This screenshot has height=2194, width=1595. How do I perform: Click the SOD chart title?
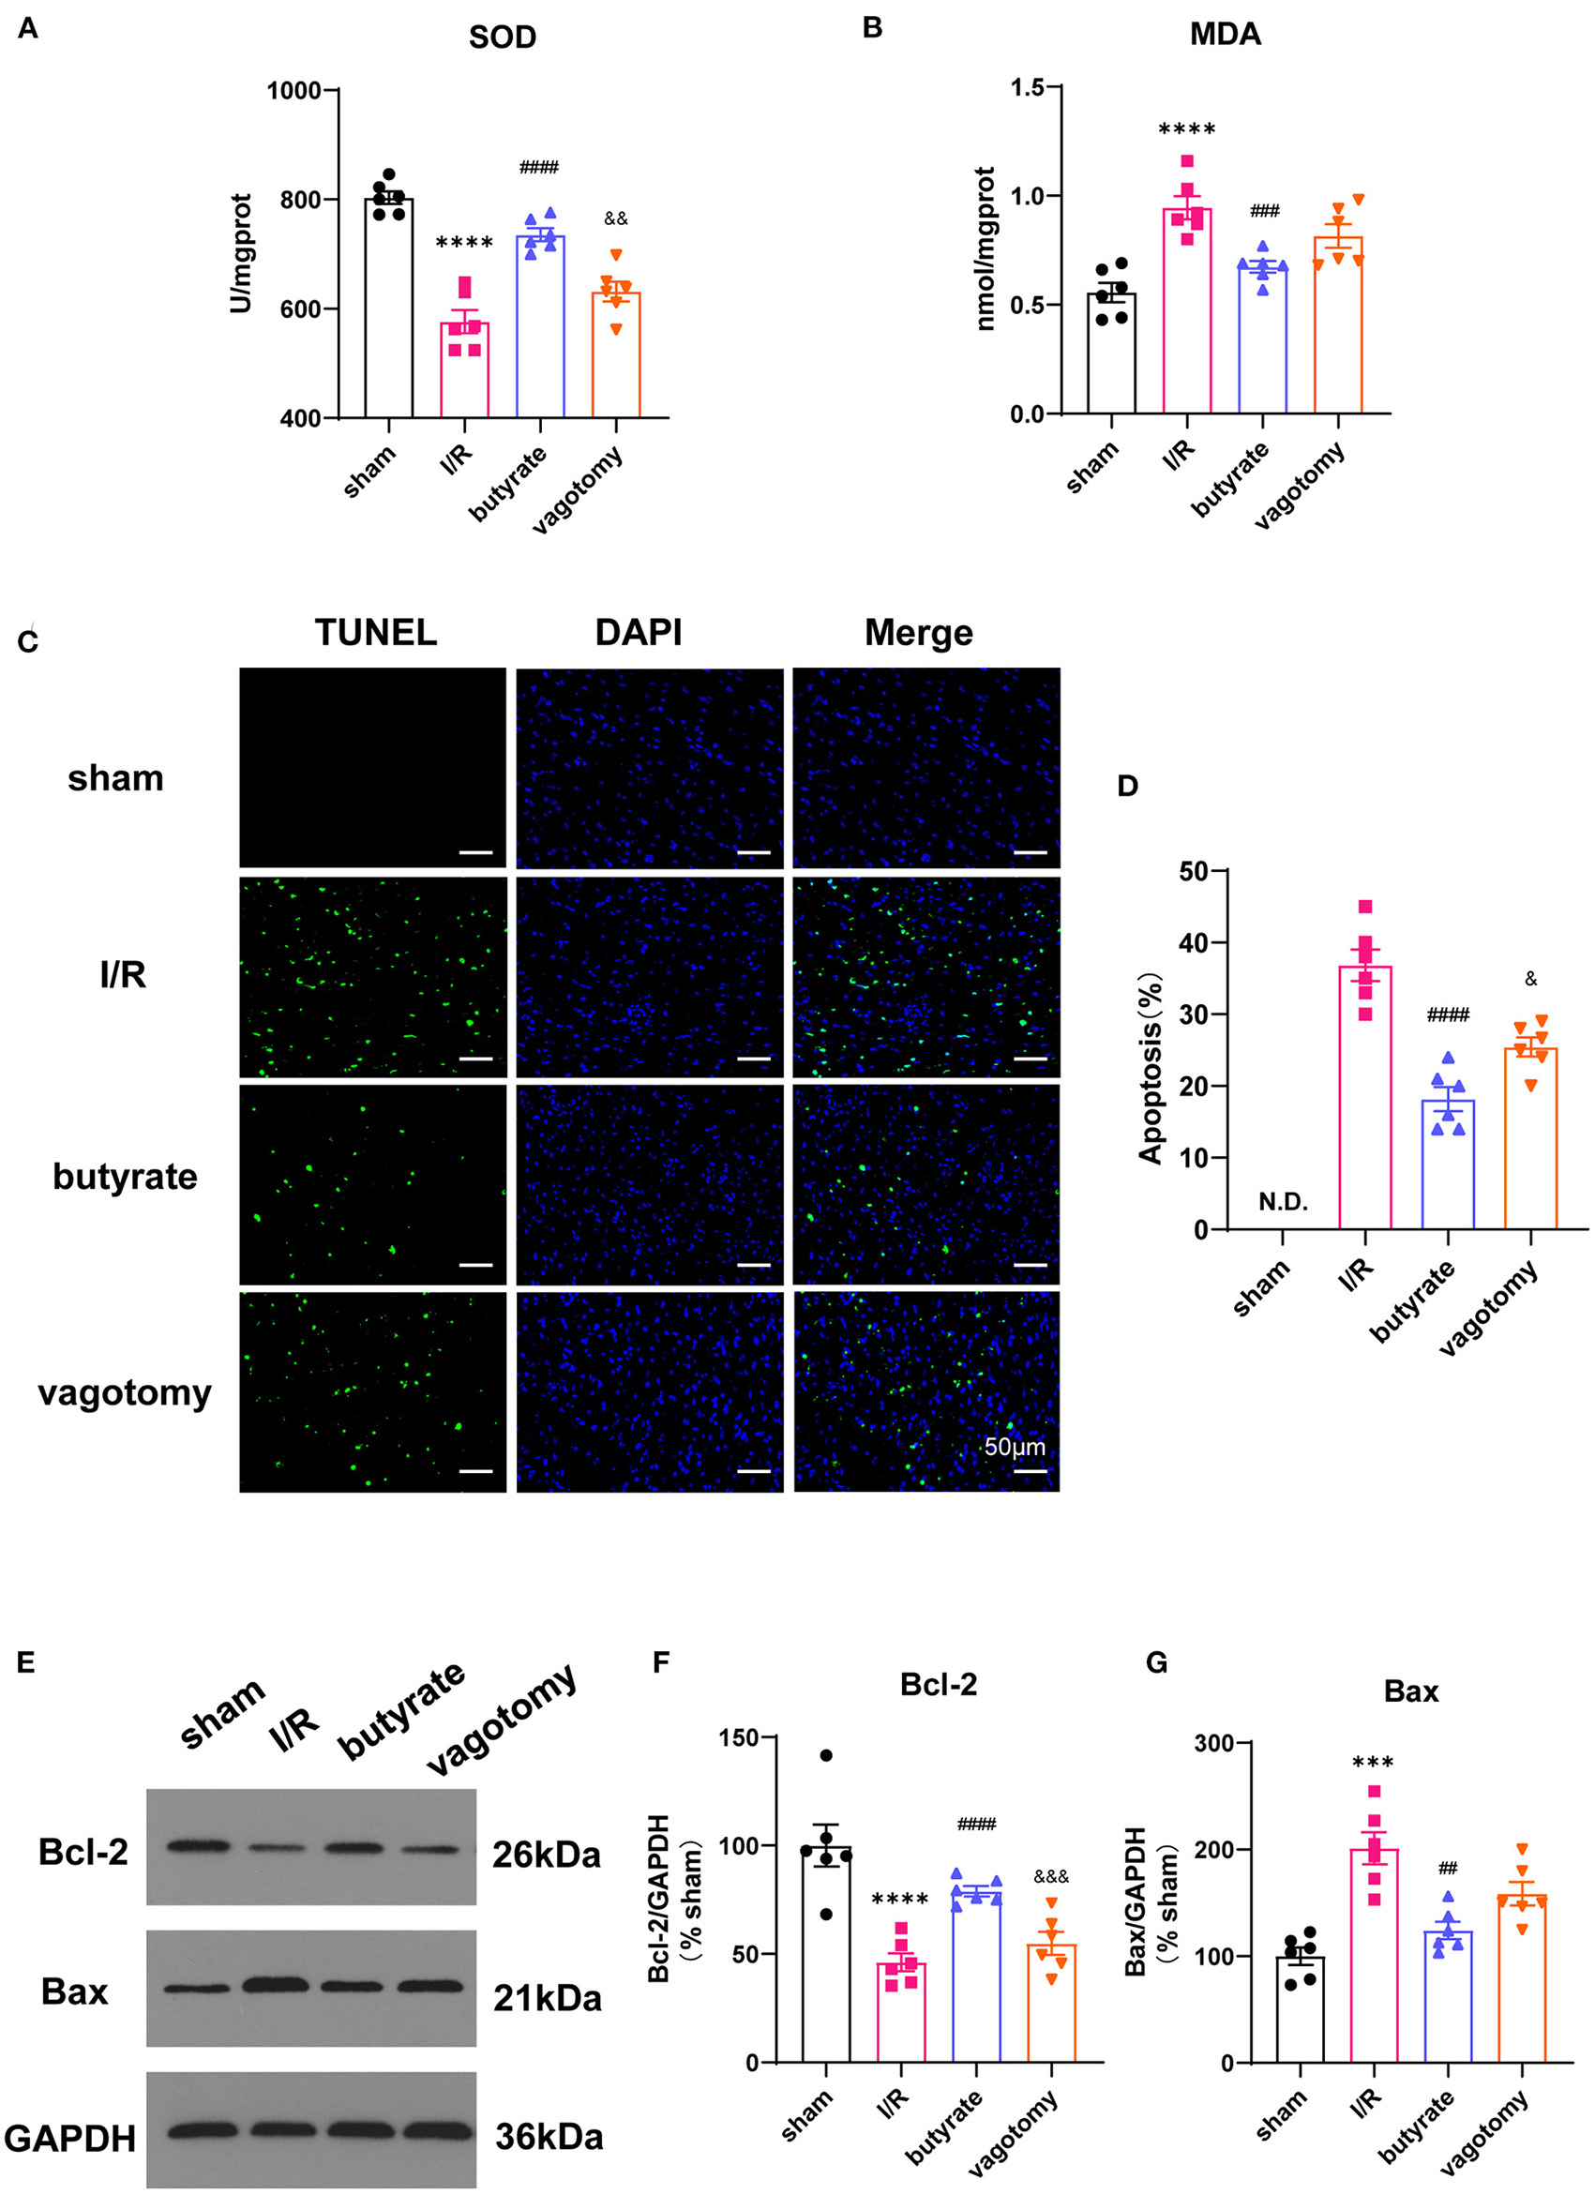(502, 37)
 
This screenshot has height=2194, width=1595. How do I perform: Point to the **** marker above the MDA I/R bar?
(1187, 129)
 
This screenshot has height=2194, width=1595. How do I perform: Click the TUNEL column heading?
(375, 633)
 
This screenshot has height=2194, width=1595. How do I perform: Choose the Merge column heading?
(918, 633)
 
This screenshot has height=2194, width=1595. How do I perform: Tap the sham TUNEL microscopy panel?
(372, 767)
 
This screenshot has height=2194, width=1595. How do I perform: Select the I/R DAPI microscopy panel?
(649, 977)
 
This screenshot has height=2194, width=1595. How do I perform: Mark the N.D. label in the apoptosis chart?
(1283, 1202)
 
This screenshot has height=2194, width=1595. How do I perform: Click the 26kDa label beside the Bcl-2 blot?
(547, 1856)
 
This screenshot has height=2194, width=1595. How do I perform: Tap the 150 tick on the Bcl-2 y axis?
(738, 1737)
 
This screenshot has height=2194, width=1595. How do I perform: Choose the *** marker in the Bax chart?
(1374, 1763)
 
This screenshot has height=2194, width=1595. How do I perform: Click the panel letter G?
(1156, 1663)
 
